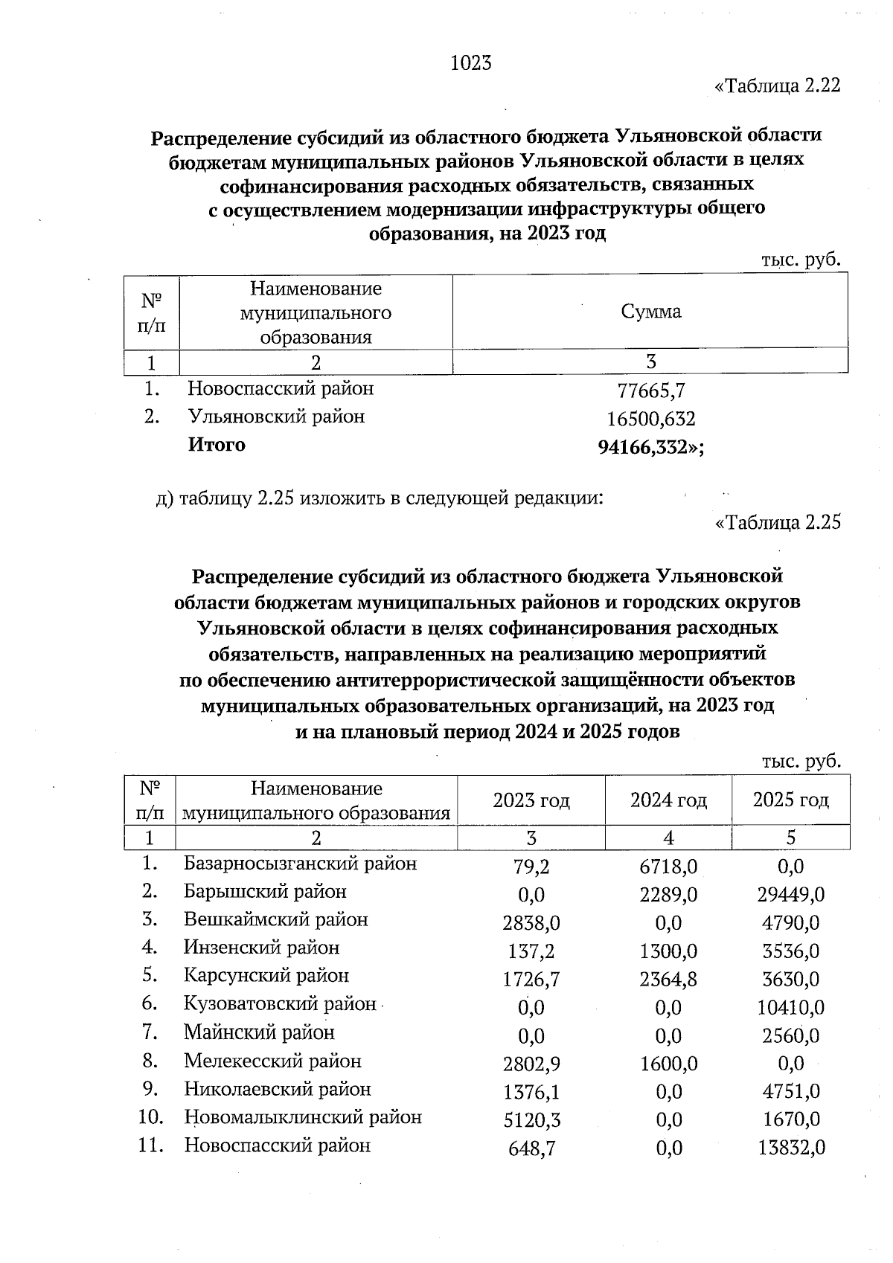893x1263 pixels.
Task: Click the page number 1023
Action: click(x=471, y=63)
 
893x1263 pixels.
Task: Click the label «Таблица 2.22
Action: click(x=777, y=86)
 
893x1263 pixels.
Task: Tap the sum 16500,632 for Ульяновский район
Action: click(x=651, y=419)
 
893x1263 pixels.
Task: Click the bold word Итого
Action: click(x=217, y=445)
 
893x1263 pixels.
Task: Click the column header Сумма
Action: click(x=651, y=312)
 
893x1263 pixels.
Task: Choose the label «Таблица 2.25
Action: click(x=777, y=523)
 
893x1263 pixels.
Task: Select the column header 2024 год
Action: click(x=668, y=800)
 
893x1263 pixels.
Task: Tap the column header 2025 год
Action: click(x=790, y=800)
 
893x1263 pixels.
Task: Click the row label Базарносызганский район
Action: click(x=301, y=864)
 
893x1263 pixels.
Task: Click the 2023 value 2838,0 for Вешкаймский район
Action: click(x=531, y=923)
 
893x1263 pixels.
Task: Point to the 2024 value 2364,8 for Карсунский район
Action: click(x=668, y=980)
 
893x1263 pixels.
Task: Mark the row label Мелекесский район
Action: click(x=273, y=1061)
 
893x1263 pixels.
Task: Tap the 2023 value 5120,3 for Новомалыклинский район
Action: click(x=531, y=1120)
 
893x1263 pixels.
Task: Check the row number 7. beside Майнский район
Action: click(x=153, y=1032)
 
